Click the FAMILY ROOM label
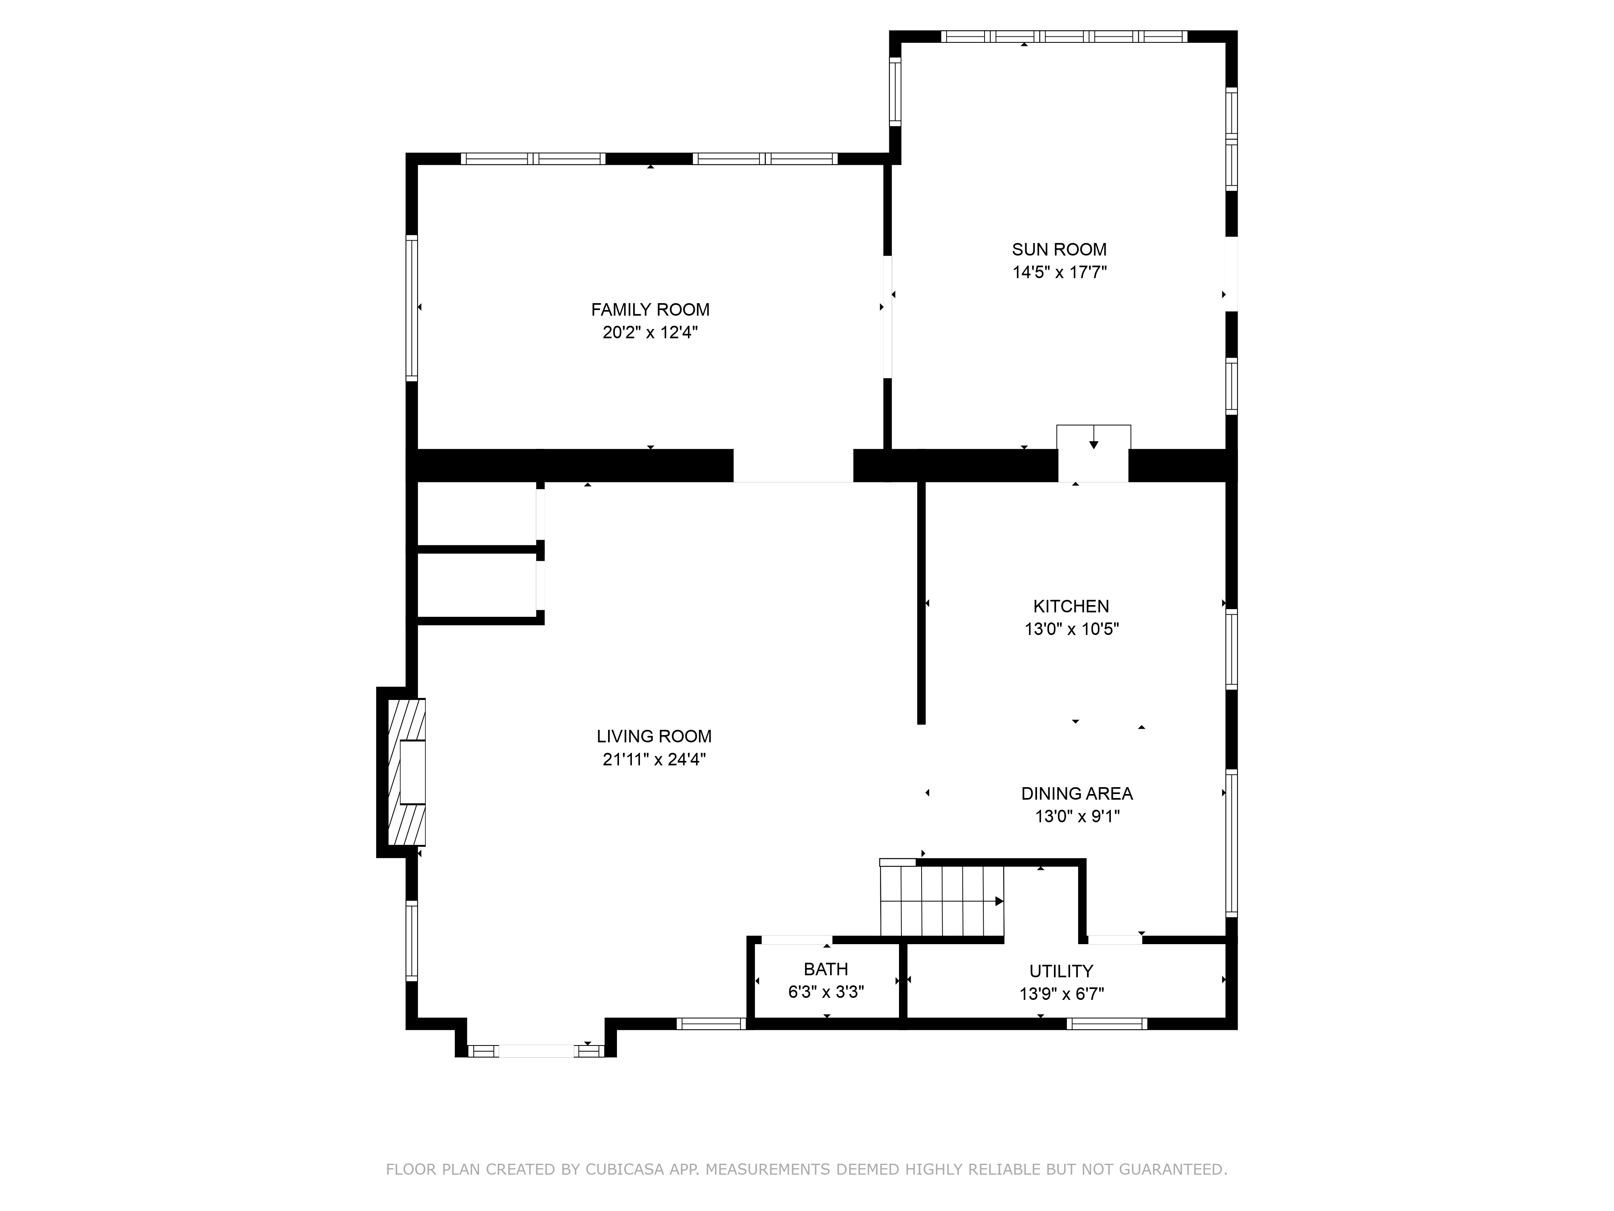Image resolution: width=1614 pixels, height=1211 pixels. [x=650, y=310]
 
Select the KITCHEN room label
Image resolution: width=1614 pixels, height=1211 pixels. [x=1071, y=606]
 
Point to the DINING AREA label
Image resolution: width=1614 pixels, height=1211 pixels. [x=1077, y=794]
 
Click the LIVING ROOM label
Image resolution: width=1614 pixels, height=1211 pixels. [x=654, y=737]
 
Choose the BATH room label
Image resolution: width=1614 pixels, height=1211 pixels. [x=826, y=969]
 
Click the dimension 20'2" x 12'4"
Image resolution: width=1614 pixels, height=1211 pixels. [x=650, y=333]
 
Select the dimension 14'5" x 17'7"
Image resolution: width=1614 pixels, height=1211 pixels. [x=1060, y=273]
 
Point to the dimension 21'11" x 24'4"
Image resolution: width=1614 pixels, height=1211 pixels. [x=654, y=760]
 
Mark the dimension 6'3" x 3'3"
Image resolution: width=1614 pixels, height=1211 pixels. [x=826, y=993]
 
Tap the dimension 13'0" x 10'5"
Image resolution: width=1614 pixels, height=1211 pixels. [x=1072, y=629]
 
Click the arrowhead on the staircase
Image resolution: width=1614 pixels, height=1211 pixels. [x=999, y=901]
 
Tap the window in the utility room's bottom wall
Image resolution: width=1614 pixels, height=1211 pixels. [x=1107, y=1023]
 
